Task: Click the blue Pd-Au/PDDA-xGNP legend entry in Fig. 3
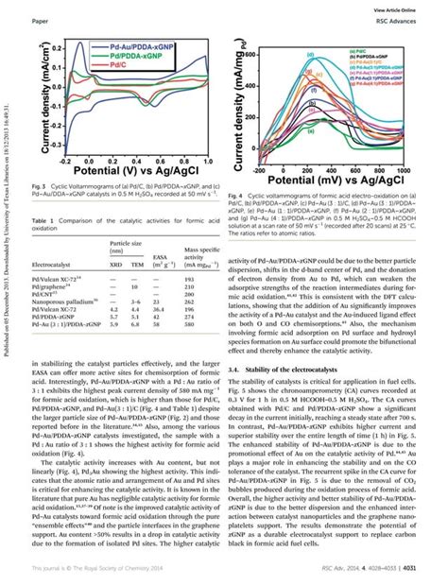click(143, 45)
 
